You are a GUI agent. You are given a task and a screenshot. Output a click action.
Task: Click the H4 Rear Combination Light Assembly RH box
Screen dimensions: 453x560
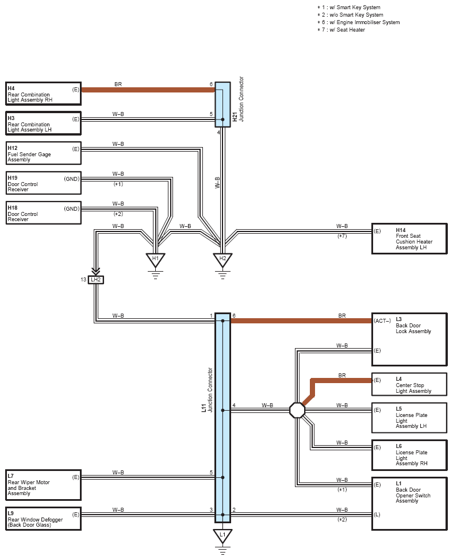click(44, 94)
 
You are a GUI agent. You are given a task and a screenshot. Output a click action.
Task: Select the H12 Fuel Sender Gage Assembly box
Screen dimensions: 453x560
click(44, 153)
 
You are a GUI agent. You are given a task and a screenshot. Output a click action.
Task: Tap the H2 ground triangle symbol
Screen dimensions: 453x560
click(222, 260)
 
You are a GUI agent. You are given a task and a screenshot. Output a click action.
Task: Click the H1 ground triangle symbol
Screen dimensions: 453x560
click(155, 260)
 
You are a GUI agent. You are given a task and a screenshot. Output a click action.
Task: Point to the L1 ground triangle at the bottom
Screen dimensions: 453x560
click(222, 536)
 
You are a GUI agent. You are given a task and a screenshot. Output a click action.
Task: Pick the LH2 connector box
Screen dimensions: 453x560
click(96, 280)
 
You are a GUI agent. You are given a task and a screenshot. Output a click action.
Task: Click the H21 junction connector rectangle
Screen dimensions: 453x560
click(222, 105)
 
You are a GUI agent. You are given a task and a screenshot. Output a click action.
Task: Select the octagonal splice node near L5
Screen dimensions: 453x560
click(297, 410)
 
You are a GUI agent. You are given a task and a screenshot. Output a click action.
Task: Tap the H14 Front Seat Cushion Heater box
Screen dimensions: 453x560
click(409, 238)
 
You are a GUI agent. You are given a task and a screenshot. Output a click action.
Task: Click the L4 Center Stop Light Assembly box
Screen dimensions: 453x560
click(409, 384)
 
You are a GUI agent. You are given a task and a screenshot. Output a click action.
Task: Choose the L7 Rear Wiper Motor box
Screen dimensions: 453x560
click(44, 485)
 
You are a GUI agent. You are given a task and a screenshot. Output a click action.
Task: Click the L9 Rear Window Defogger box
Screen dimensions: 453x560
click(44, 519)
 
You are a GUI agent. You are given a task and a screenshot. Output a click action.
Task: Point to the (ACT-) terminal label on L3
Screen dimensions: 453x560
click(382, 320)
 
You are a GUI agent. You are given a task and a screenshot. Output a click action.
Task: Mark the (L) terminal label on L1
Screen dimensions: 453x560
click(377, 515)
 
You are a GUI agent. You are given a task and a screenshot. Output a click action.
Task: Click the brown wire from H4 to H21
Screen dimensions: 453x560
click(148, 90)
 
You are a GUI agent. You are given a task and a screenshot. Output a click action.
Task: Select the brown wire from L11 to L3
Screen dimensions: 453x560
click(301, 321)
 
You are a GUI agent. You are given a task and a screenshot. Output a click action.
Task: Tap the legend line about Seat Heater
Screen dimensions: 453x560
click(341, 30)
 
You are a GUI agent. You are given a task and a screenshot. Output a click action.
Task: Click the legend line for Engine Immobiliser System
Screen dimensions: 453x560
click(358, 22)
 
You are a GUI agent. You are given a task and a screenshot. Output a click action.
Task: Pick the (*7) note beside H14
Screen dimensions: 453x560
click(342, 236)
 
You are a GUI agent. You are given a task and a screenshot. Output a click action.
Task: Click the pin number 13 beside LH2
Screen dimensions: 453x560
click(83, 280)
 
